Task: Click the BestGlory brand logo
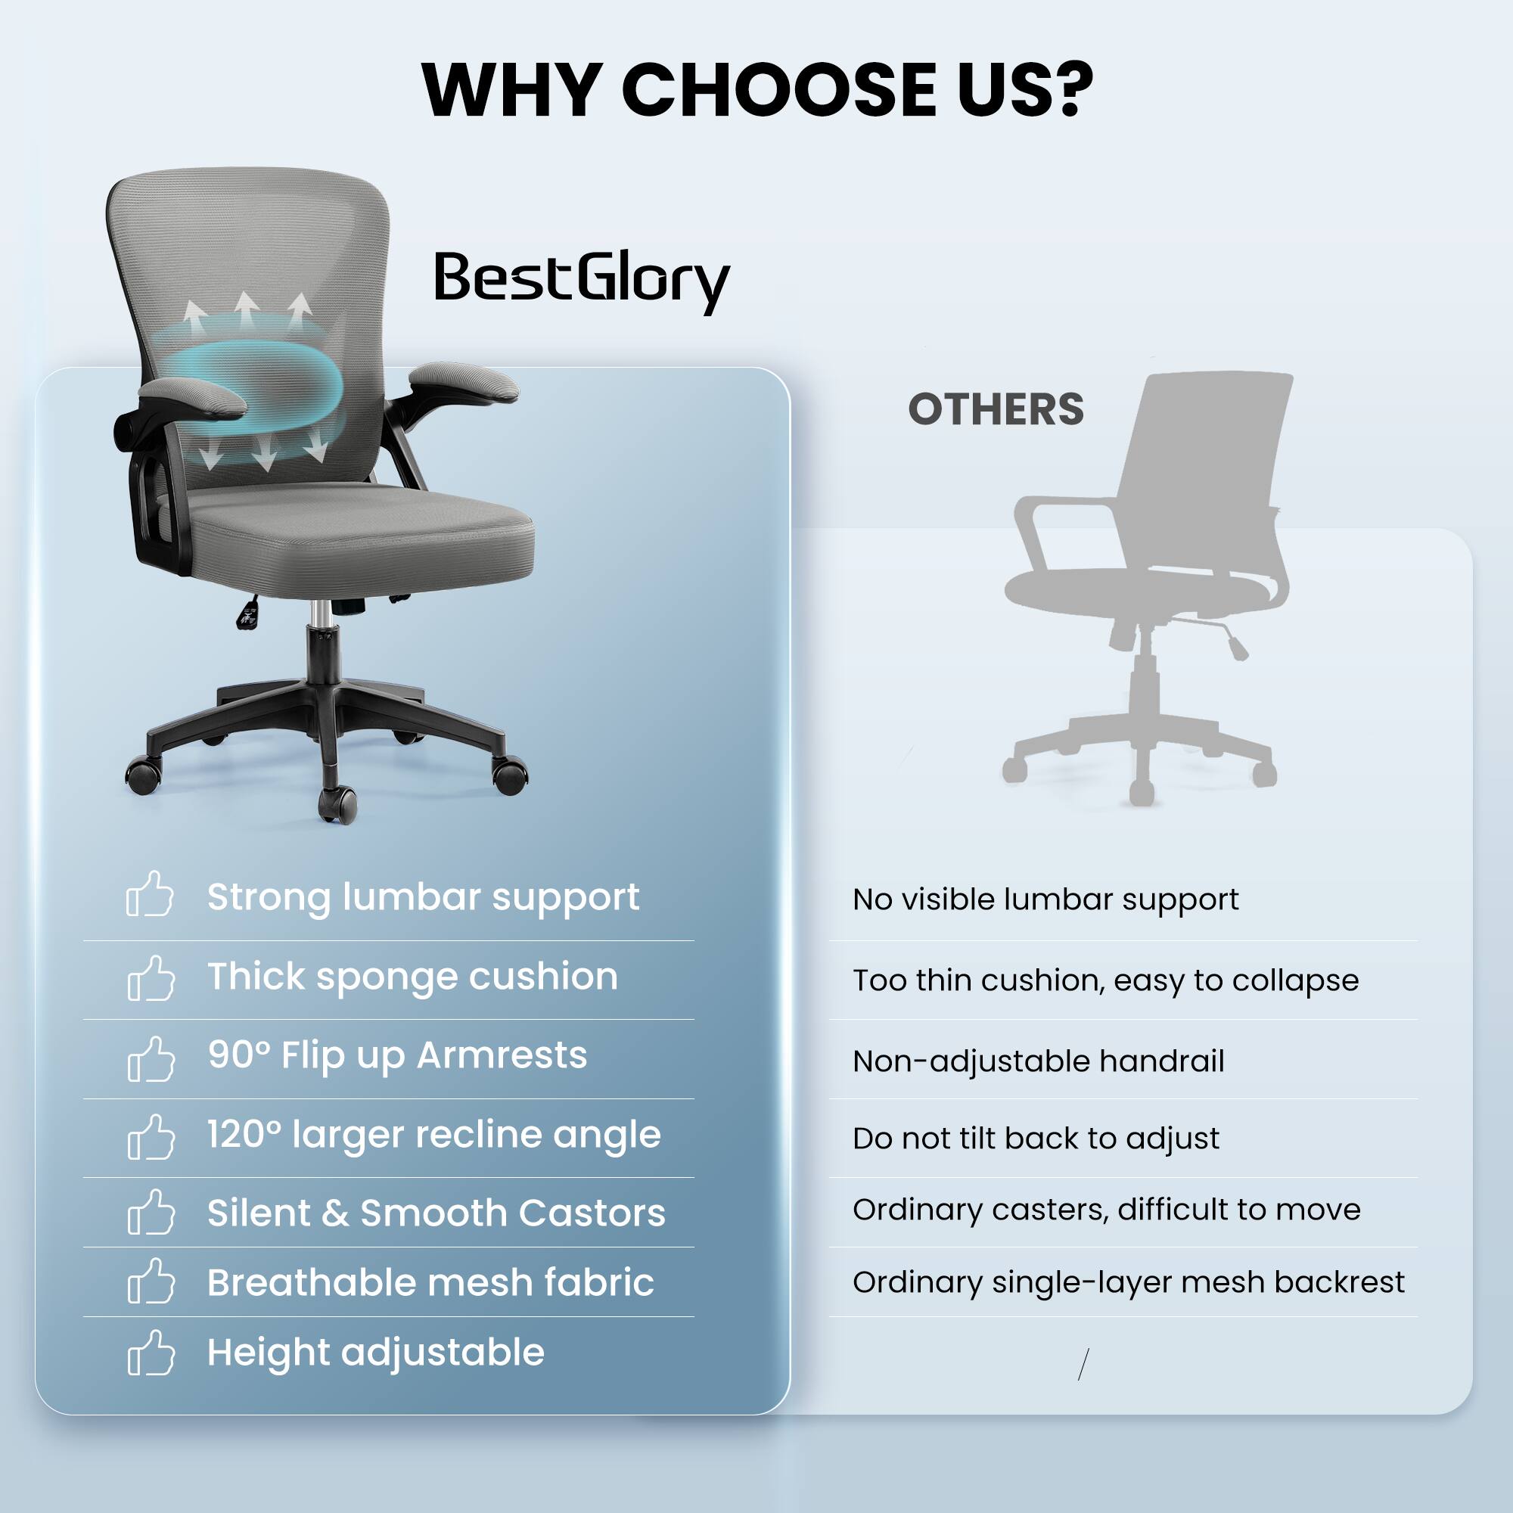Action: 581,280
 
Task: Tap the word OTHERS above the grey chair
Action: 996,409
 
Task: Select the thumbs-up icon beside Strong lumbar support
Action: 150,894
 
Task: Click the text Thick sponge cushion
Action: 412,977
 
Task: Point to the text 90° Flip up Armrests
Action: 397,1055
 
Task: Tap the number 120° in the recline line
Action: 244,1134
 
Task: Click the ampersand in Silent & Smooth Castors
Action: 335,1213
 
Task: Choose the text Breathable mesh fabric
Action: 430,1283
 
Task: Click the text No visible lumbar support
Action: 1045,899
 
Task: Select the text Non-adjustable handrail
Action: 1039,1061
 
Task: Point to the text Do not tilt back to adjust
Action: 1036,1138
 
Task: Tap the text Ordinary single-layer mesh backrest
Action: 1129,1282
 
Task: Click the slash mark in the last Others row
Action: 1083,1364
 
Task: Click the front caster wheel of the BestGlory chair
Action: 337,805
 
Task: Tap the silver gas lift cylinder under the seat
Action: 318,614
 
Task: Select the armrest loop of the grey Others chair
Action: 1049,533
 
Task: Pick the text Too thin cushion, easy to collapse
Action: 1105,980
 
